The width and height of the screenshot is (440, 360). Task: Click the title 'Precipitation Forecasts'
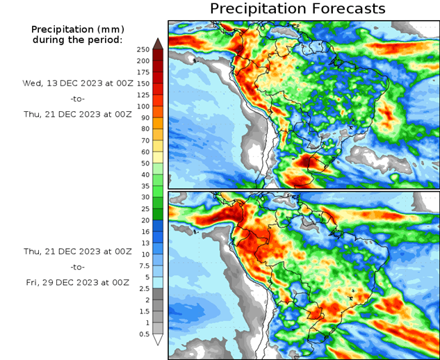(x=297, y=8)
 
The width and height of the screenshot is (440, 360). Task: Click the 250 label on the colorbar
(x=142, y=49)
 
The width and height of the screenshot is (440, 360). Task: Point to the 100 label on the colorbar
(x=142, y=106)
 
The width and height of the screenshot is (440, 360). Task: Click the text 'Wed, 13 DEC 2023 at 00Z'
(x=76, y=83)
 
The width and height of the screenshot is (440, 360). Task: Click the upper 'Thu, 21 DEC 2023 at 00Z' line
(x=76, y=115)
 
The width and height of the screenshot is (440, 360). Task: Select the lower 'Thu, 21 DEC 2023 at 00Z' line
(x=76, y=251)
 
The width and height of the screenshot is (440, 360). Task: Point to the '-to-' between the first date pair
(x=76, y=99)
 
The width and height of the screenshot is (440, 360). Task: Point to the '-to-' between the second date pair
(x=76, y=267)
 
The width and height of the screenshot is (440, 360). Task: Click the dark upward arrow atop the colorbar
(x=158, y=43)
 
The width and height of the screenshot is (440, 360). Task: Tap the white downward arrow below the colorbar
(x=158, y=340)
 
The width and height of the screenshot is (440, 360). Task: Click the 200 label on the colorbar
(x=142, y=60)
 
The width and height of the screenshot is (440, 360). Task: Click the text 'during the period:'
(x=76, y=40)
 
